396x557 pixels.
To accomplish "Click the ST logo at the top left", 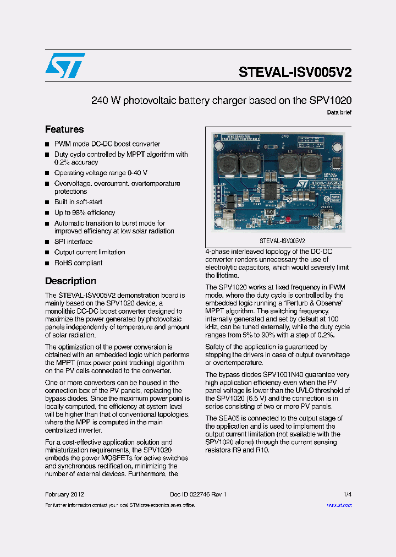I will click(x=65, y=65).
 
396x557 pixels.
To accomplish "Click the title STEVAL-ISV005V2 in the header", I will click(x=295, y=73).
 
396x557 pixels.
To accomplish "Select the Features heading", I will click(x=64, y=129).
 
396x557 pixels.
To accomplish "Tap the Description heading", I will click(x=70, y=281).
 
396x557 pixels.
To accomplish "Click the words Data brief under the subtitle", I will click(x=339, y=112).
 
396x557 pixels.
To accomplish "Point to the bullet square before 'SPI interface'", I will click(x=47, y=242).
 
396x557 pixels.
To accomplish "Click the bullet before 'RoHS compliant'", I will click(x=47, y=263).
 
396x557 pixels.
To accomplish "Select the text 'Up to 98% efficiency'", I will click(x=85, y=212).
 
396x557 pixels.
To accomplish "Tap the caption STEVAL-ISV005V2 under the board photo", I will click(x=282, y=241).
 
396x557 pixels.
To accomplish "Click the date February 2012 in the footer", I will click(x=64, y=494).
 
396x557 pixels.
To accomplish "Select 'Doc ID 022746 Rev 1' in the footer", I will click(x=198, y=494).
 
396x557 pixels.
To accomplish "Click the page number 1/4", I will click(x=348, y=494).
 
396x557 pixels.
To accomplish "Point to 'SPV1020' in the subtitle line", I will click(x=331, y=101).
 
